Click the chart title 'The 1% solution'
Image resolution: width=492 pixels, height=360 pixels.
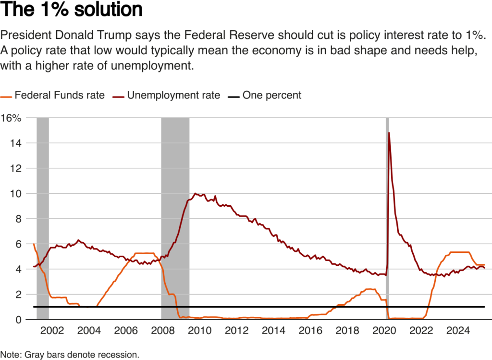pyautogui.click(x=72, y=11)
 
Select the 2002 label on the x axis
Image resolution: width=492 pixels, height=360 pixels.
pyautogui.click(x=52, y=332)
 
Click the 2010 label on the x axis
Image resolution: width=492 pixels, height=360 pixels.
pyautogui.click(x=199, y=332)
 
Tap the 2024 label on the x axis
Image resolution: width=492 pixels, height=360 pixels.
pyautogui.click(x=458, y=332)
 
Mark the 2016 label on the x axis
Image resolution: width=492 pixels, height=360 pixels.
pyautogui.click(x=310, y=332)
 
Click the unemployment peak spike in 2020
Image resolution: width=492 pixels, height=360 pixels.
pyautogui.click(x=388, y=133)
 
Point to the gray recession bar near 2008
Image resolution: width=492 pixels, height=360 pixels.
pyautogui.click(x=175, y=216)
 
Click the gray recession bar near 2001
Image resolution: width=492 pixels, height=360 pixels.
pyautogui.click(x=43, y=216)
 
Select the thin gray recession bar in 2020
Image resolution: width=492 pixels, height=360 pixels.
pyautogui.click(x=387, y=216)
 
